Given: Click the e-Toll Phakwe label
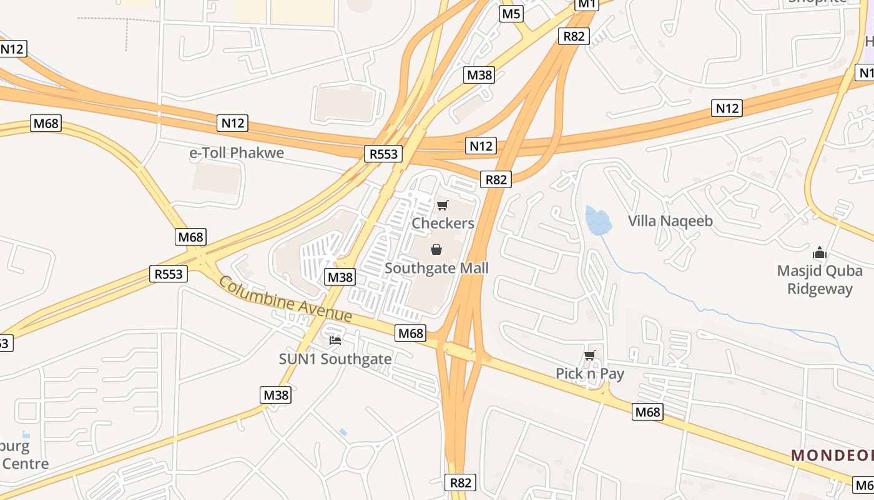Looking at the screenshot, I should point(237,153).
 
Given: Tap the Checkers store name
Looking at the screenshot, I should point(443,223).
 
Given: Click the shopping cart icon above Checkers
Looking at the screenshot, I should point(443,205).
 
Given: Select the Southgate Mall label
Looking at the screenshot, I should point(436,268).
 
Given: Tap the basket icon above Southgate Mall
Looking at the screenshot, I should point(436,249).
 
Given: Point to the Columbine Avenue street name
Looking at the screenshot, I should point(285,301).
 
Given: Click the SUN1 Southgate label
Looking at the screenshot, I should point(335,359).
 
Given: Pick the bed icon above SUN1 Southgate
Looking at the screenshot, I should point(335,341).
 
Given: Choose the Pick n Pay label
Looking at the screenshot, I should point(590,374).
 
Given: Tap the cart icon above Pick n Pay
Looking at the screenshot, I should point(589,356).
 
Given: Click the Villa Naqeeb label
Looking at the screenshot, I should point(670,221).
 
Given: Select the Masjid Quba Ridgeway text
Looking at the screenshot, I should point(820,279).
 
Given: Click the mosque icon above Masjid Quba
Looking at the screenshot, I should point(819,253).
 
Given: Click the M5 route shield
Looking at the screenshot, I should point(511,14).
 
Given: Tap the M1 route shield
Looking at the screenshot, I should point(587,4).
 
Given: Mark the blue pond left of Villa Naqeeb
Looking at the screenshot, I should point(597,221).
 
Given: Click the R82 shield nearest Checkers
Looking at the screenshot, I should point(496,180).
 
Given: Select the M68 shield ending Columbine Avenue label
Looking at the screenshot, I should point(411,334).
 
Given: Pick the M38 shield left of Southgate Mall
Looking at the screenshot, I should point(340,277).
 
